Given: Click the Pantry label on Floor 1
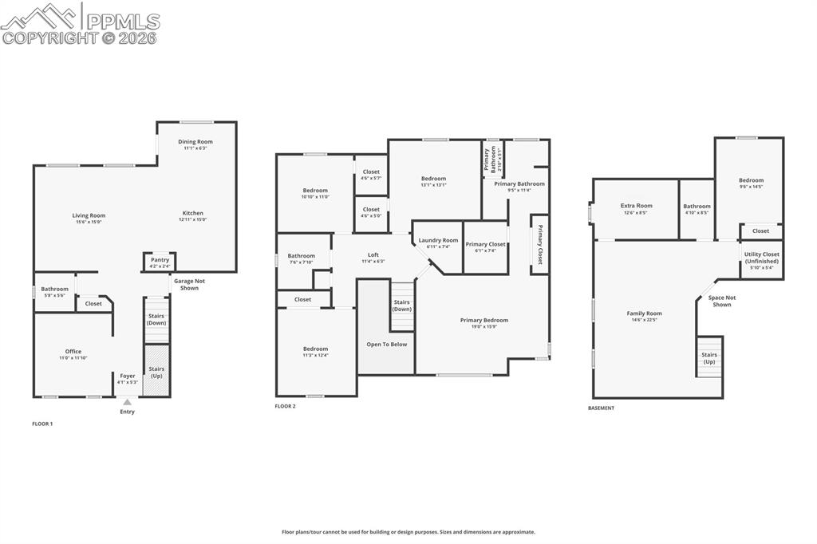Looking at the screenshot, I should pos(160,260).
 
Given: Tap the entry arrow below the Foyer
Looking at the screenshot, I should pos(127,402).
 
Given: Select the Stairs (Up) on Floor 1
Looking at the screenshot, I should pos(156,371).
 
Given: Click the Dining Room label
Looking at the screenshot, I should pos(195,142).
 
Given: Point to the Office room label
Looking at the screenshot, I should pos(73,352).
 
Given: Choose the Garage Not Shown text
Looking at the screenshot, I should pos(189,285).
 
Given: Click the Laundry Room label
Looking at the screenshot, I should pos(438,240).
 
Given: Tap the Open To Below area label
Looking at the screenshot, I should pos(386,345).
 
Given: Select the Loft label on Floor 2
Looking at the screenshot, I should pos(373,255).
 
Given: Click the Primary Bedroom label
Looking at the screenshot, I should pos(483,320).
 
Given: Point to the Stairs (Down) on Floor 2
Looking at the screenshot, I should pos(401,306).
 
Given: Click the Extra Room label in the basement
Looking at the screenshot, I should pos(636,207).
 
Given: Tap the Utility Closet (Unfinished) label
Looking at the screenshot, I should pos(761,258).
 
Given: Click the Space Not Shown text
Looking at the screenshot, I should pos(721,301).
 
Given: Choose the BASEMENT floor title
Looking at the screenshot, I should pos(601,408).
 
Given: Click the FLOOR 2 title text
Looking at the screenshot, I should pos(285,407).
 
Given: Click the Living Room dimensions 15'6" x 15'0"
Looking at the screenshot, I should pos(89,222).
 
